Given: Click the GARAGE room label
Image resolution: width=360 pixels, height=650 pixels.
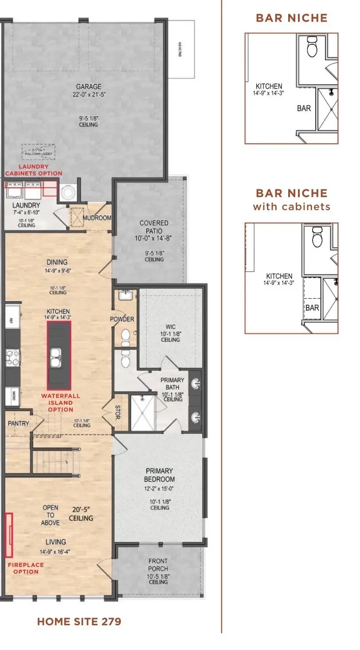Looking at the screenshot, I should [x=88, y=87].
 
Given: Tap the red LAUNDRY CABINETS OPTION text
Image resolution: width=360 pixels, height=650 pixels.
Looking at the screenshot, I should [x=34, y=170].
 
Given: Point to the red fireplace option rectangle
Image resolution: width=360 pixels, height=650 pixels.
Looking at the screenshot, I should [x=8, y=534].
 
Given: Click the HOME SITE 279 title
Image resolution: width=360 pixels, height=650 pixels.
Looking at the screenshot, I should [x=79, y=622].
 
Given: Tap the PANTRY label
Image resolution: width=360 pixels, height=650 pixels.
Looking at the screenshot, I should [x=19, y=423].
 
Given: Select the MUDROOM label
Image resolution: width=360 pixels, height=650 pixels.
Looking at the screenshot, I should [x=97, y=218].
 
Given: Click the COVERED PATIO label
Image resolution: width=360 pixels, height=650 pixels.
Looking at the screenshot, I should [x=154, y=227].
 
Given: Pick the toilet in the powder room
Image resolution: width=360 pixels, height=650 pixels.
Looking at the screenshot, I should [x=126, y=337].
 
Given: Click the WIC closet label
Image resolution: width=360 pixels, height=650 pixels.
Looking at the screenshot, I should [x=171, y=327].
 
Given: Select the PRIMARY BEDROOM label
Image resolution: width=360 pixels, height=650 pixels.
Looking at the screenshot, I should [x=159, y=475].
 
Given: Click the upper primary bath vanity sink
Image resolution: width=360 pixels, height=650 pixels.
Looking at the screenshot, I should [x=196, y=383].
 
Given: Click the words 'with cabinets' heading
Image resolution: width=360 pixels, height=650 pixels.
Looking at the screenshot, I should [x=291, y=206].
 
